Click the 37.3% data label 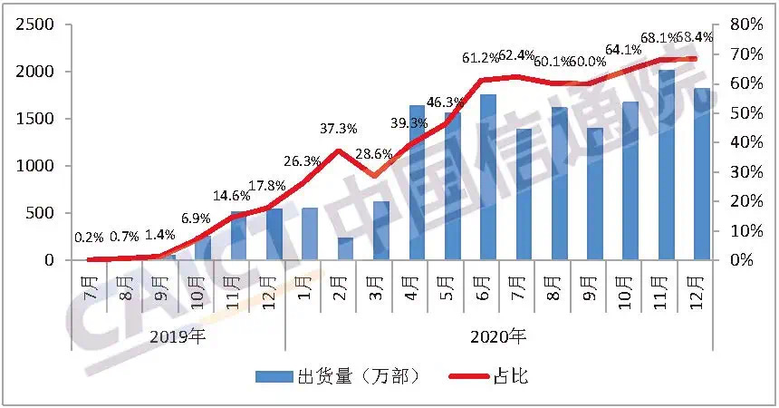pos(338,128)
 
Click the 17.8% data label pos(267,186)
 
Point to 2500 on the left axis pos(33,24)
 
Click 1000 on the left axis pos(33,166)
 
